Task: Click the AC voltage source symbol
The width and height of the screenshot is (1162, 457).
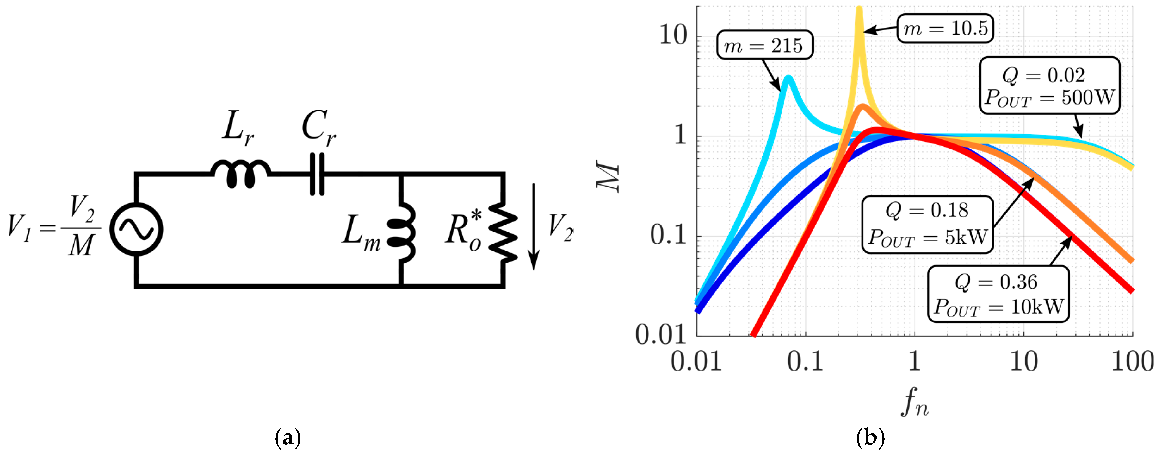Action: click(x=136, y=229)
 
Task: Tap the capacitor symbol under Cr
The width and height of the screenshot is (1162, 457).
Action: click(x=317, y=174)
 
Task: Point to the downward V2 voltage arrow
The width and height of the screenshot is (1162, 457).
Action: click(x=534, y=226)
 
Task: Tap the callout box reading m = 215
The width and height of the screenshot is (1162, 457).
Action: click(x=764, y=45)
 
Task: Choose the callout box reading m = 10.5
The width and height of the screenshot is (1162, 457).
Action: click(x=945, y=29)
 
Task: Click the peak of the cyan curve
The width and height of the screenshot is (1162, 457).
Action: click(x=788, y=78)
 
